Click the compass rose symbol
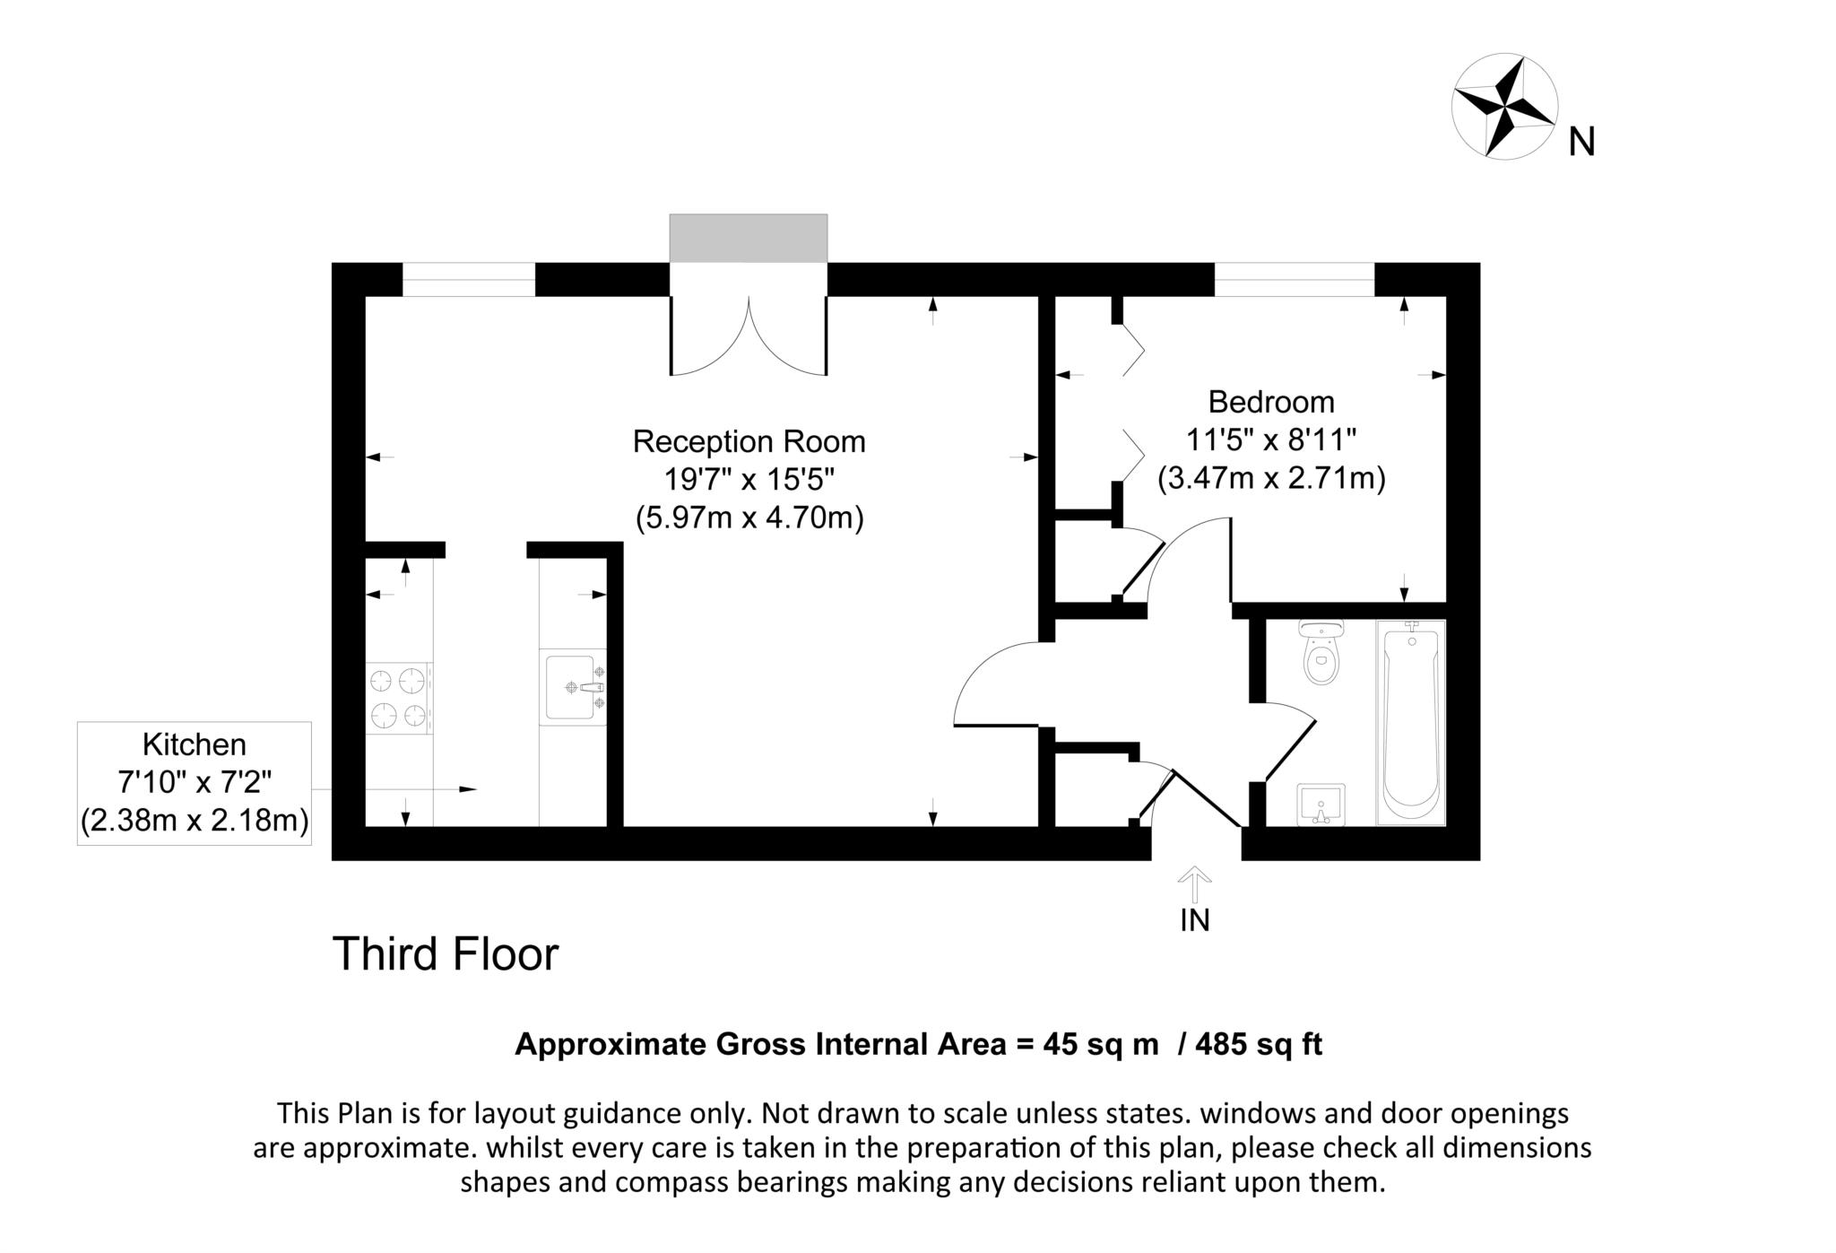[1504, 107]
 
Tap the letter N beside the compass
[1581, 142]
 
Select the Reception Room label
[749, 441]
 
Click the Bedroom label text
[1271, 402]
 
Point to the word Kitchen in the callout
[195, 744]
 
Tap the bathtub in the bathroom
[1412, 722]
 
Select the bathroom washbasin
[1321, 804]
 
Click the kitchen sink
[573, 687]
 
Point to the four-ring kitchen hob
[399, 698]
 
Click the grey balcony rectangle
[749, 239]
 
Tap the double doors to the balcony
[749, 335]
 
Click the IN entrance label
[1195, 920]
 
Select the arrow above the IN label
[1194, 883]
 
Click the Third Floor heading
[446, 953]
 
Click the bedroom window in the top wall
[1295, 279]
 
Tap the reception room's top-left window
[469, 279]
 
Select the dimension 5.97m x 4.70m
[749, 518]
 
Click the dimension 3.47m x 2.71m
[1271, 478]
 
